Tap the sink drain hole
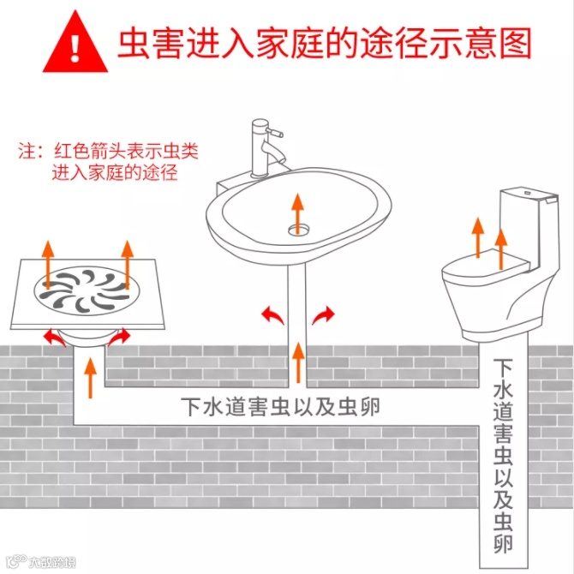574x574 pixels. pos(298,230)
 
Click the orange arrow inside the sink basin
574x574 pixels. pos(297,214)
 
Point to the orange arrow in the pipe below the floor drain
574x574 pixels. pos(90,378)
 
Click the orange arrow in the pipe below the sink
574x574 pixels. pos(299,362)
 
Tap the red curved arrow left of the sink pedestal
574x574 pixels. pos(272,314)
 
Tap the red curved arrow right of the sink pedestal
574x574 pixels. pos(323,314)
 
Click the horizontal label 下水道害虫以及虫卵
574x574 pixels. pos(280,407)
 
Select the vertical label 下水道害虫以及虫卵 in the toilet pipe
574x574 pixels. pos(503,456)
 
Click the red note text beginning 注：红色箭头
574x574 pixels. pos(108,161)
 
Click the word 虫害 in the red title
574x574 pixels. pos(151,43)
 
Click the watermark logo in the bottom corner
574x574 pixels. pos(41,561)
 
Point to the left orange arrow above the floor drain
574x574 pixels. pos(48,265)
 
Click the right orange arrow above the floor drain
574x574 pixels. pos(127,265)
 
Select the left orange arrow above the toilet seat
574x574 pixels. pos(477,237)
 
